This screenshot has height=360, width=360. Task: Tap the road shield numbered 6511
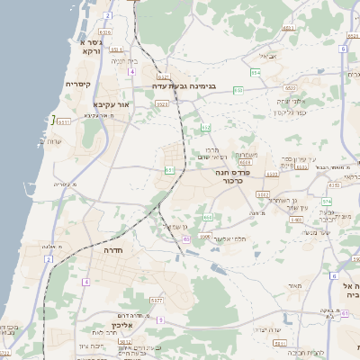(289, 29)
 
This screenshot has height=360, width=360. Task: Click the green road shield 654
(256, 70)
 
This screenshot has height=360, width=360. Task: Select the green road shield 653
(238, 90)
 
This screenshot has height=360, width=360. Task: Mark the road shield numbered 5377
(157, 300)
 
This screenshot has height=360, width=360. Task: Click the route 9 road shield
(160, 319)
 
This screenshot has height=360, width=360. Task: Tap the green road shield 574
(327, 202)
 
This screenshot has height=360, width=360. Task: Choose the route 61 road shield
(169, 169)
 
